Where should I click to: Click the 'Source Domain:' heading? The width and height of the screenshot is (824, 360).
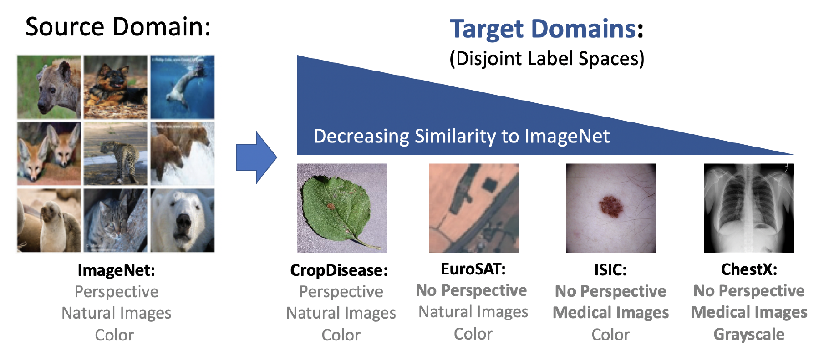(118, 26)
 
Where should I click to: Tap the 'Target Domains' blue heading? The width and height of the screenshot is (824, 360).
(543, 29)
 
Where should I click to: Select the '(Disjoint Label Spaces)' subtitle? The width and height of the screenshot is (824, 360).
(547, 59)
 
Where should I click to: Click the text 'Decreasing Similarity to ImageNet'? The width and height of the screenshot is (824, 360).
(462, 136)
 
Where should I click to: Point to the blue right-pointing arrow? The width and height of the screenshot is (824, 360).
(256, 157)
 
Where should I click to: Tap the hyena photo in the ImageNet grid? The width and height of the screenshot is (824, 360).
(49, 87)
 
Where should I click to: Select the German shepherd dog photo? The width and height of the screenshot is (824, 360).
(116, 87)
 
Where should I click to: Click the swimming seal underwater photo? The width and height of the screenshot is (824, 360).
(183, 87)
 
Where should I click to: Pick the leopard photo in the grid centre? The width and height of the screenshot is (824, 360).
(116, 153)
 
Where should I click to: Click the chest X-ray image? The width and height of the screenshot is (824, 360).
(749, 208)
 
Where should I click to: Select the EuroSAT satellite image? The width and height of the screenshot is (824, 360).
(473, 208)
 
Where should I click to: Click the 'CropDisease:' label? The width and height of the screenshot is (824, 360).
(339, 270)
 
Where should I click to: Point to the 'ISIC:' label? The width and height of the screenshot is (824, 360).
(610, 270)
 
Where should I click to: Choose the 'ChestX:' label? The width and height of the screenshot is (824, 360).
(749, 269)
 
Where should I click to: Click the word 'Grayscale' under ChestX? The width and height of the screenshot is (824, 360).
(749, 335)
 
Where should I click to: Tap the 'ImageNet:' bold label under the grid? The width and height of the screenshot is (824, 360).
(116, 270)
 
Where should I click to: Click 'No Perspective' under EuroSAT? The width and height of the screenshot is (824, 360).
(471, 290)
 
